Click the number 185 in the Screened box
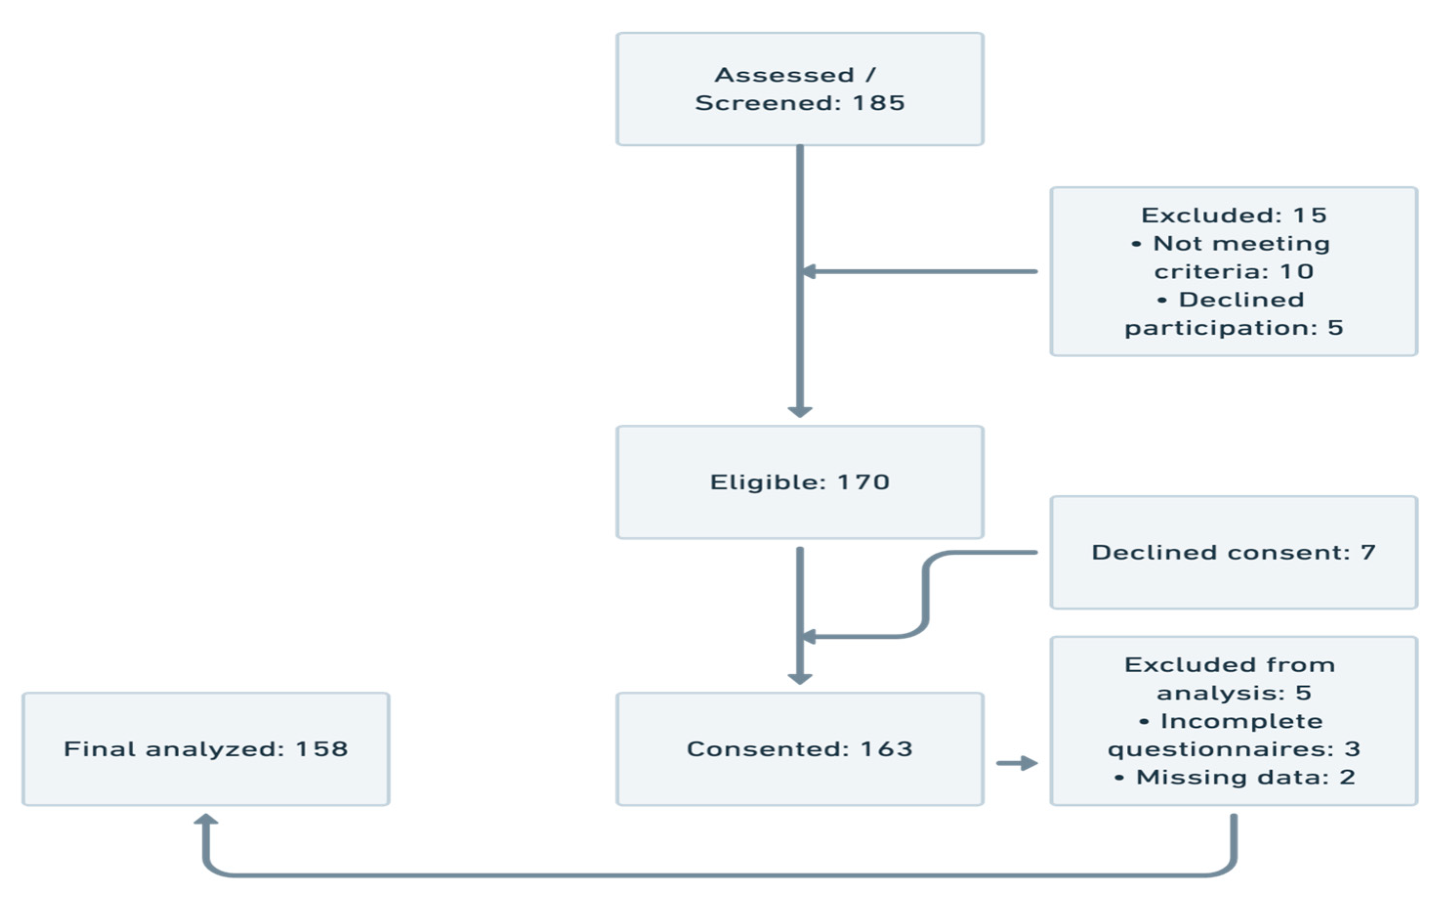tap(878, 103)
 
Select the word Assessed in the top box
tap(784, 75)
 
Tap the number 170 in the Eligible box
tap(864, 482)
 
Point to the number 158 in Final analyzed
tap(322, 749)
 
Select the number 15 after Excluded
tap(1310, 215)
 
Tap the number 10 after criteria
tap(1297, 272)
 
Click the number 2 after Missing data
tap(1347, 778)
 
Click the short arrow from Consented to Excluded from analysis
tap(1017, 763)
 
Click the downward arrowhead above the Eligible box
tap(800, 411)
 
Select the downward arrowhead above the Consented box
tap(800, 679)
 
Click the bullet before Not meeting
tap(1136, 244)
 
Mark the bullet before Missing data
tap(1119, 778)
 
